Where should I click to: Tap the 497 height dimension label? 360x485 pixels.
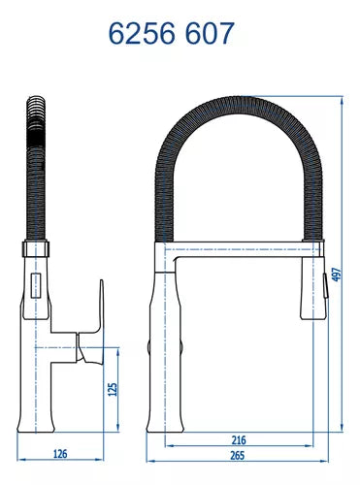[x=337, y=275]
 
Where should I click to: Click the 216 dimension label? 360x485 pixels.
[x=239, y=439]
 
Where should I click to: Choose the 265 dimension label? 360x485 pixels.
[x=239, y=452]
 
